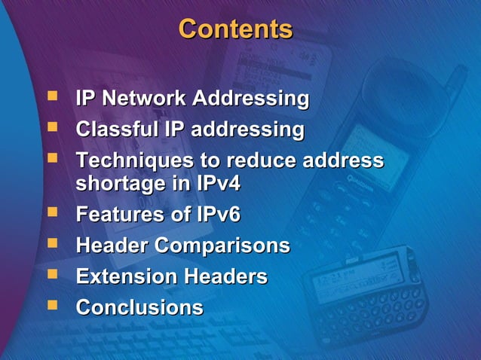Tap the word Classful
click(x=118, y=130)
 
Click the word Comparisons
click(x=222, y=246)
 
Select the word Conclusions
click(x=139, y=307)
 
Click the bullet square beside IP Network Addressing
click(x=51, y=97)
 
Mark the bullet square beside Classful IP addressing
click(x=51, y=128)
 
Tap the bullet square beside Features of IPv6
click(x=51, y=213)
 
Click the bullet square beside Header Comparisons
click(x=51, y=244)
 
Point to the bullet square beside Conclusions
click(x=51, y=306)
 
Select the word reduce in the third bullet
click(x=261, y=161)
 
